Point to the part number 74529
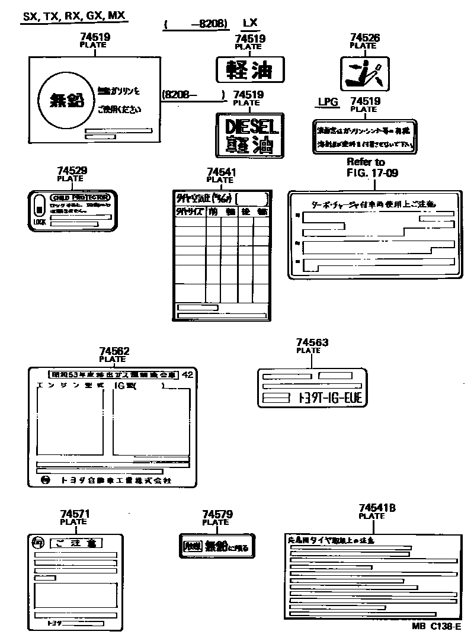coord(72,171)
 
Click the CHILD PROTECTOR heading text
coord(80,197)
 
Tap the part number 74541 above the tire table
coord(222,172)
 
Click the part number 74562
coord(114,351)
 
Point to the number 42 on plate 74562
coord(187,374)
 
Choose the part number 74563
coord(312,342)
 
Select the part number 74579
coord(217,515)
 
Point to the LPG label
coord(328,102)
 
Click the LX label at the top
coord(250,23)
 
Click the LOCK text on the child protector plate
coord(40,222)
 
